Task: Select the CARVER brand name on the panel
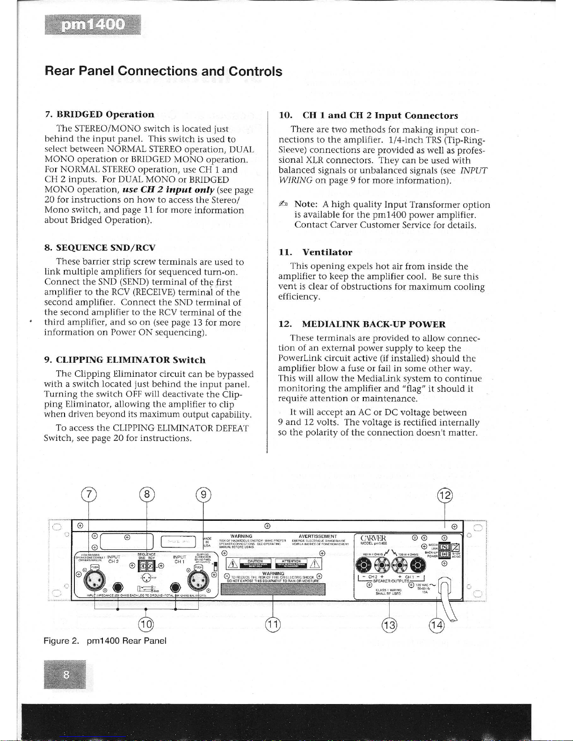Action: (x=374, y=538)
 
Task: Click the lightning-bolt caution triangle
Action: (x=231, y=562)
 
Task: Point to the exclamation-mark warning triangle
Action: (x=313, y=562)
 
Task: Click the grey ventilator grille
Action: (x=273, y=589)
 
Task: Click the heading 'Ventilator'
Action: (x=326, y=252)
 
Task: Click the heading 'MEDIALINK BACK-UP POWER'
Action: (x=373, y=324)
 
